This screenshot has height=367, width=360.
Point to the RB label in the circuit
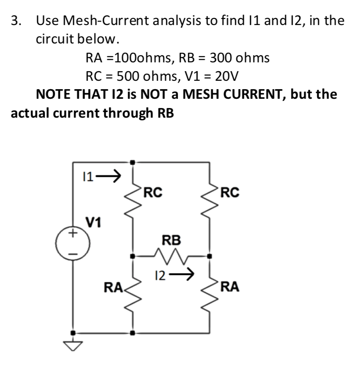tap(171, 240)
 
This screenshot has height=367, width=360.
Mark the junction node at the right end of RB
tap(209, 255)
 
